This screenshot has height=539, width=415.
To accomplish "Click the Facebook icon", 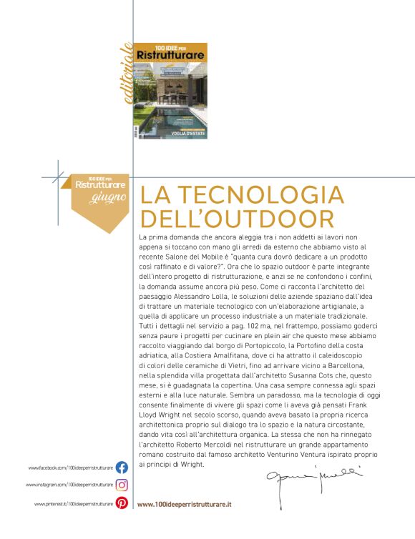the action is coord(122,468).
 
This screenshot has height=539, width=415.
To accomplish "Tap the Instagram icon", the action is coord(122,485).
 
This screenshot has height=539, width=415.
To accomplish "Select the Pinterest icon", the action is coord(122,503).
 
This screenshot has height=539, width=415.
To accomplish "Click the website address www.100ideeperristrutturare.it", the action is coord(184,504).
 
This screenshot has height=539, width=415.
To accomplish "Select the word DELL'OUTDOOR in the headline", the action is coord(238,218).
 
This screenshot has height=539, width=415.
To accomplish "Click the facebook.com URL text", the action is coord(70,468).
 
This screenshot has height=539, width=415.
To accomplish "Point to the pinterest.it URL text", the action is coord(73,504).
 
